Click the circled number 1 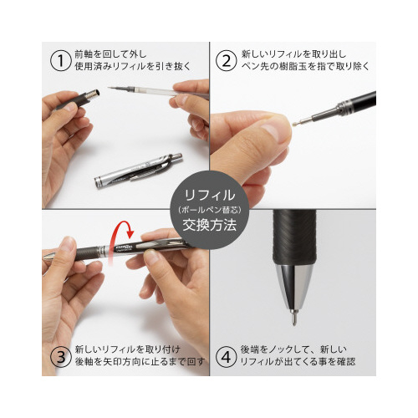(60, 61)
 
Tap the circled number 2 (227, 61)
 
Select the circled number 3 (60, 357)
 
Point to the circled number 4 (227, 357)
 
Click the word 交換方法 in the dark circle (209, 225)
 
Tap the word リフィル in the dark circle (209, 195)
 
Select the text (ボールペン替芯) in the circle (209, 210)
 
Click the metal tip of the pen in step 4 (294, 317)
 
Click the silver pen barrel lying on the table (139, 171)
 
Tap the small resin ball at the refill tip (294, 124)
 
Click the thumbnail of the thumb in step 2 (274, 130)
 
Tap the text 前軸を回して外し (110, 54)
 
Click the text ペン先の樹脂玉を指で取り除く (305, 67)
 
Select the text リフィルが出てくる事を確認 (298, 362)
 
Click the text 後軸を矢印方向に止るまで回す (140, 362)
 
